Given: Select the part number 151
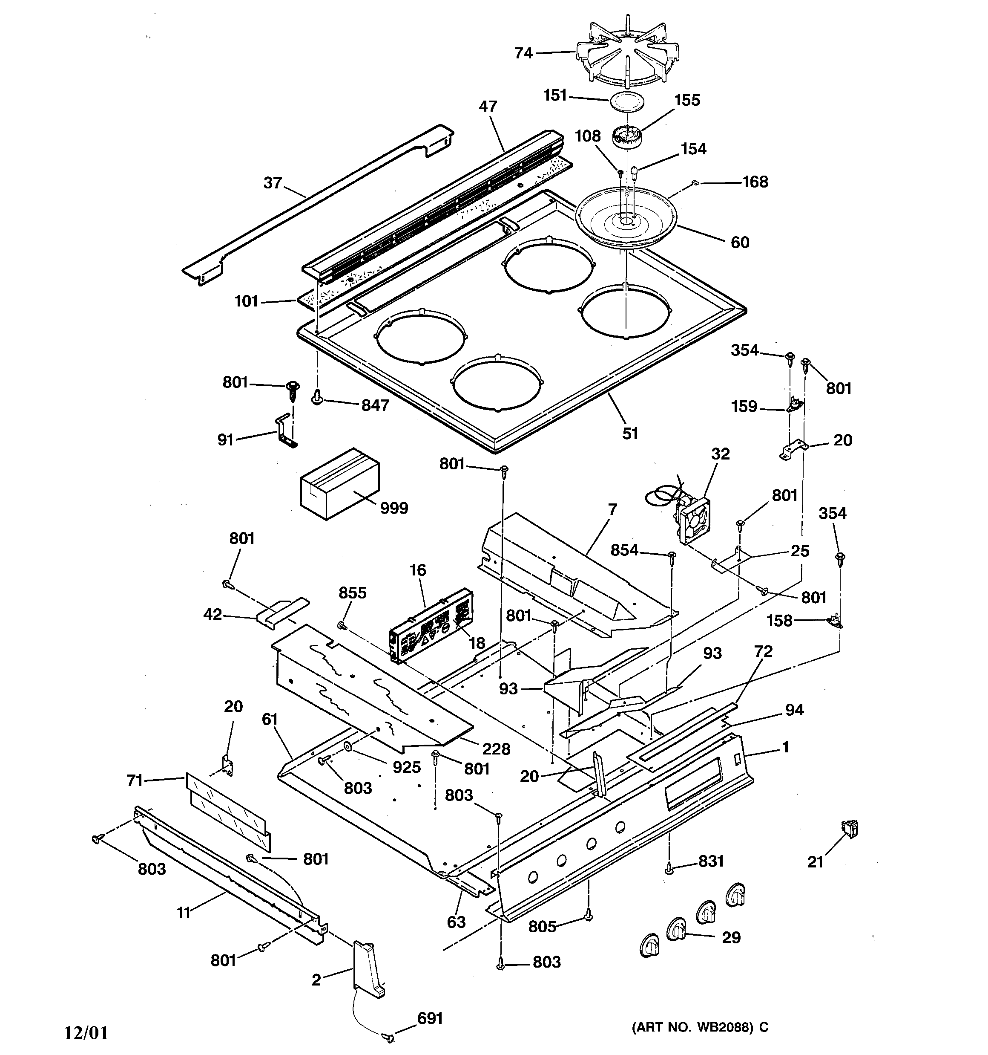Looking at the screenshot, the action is click(x=555, y=95).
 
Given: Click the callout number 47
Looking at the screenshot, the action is click(x=488, y=106).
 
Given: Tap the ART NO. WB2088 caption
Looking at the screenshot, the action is click(x=700, y=1027).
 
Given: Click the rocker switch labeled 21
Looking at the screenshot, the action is click(x=850, y=830).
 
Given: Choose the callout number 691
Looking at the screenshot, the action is click(x=430, y=1018).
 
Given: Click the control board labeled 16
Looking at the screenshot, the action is click(x=431, y=625).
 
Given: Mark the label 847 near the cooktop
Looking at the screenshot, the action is click(x=376, y=405).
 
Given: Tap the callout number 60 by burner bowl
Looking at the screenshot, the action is click(x=740, y=243).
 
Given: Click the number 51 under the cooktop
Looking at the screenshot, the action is click(x=630, y=434).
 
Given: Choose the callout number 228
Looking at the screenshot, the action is click(x=497, y=749).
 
